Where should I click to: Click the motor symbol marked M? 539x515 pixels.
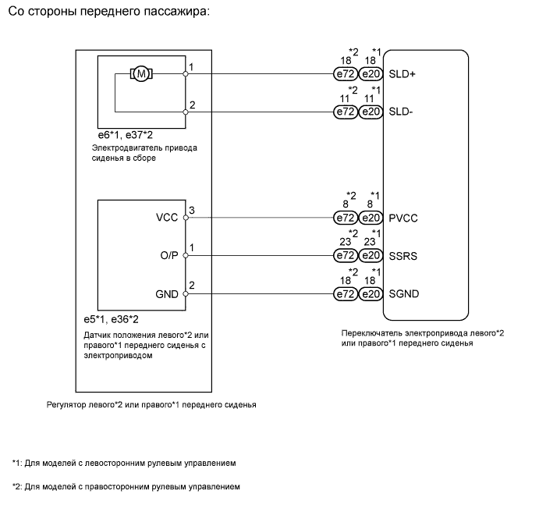pos(141,74)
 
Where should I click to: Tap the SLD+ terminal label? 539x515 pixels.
pos(402,74)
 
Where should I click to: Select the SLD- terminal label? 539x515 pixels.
pos(401,112)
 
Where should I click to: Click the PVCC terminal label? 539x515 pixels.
pos(403,218)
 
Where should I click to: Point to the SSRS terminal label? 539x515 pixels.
pos(403,255)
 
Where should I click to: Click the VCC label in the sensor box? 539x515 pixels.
pos(168,218)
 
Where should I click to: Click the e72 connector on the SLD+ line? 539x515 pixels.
pos(345,74)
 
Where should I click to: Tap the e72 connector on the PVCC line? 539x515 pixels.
pos(345,218)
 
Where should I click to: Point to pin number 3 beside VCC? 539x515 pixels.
pos(192,211)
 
